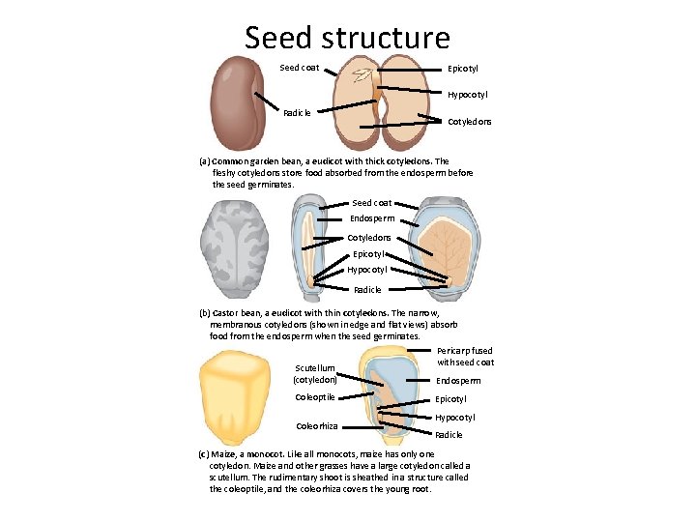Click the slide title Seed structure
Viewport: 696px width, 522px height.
pyautogui.click(x=347, y=37)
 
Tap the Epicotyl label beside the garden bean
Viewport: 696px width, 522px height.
pyautogui.click(x=462, y=69)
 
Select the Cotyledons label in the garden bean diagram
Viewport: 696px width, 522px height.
pyautogui.click(x=470, y=122)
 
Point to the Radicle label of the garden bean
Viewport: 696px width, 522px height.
pyautogui.click(x=298, y=113)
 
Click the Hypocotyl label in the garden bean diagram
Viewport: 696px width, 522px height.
pyautogui.click(x=467, y=95)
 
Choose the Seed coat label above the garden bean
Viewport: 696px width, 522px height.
pyautogui.click(x=299, y=68)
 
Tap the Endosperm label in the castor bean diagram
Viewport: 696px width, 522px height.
pyautogui.click(x=372, y=219)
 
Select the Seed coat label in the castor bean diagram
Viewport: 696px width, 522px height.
pyautogui.click(x=372, y=203)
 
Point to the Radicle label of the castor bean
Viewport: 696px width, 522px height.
pyautogui.click(x=367, y=289)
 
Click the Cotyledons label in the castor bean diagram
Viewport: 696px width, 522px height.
pyautogui.click(x=369, y=237)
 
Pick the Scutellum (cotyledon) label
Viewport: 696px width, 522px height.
pyautogui.click(x=315, y=374)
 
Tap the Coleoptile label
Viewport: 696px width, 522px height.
pyautogui.click(x=315, y=397)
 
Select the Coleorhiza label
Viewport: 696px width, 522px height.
pyautogui.click(x=316, y=425)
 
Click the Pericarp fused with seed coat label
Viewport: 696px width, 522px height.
pyautogui.click(x=465, y=357)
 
